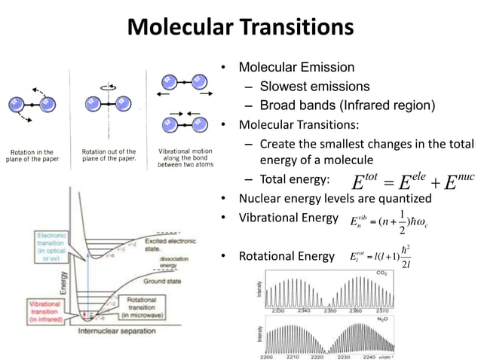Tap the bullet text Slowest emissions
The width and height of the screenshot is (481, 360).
click(x=314, y=86)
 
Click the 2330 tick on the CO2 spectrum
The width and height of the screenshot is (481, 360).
click(x=277, y=310)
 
